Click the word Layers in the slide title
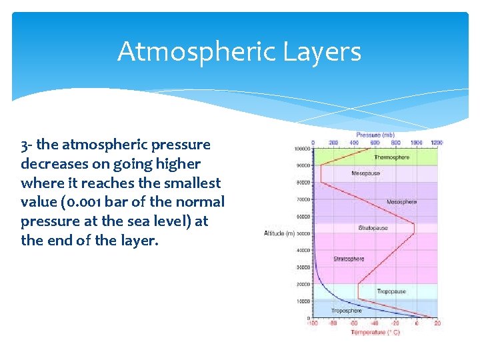pos(326,51)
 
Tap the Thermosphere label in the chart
pos(392,157)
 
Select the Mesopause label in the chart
pos(365,173)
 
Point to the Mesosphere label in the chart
pos(401,201)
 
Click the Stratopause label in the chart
pos(373,228)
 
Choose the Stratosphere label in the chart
pos(349,259)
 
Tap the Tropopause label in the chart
pos(391,291)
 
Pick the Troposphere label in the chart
pos(347,310)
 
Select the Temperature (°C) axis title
pos(375,332)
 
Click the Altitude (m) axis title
pos(279,233)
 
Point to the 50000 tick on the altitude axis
pos(303,233)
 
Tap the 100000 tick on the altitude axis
pos(302,149)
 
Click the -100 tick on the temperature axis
pos(312,324)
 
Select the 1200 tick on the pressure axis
pos(437,142)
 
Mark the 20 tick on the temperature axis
pos(437,324)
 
